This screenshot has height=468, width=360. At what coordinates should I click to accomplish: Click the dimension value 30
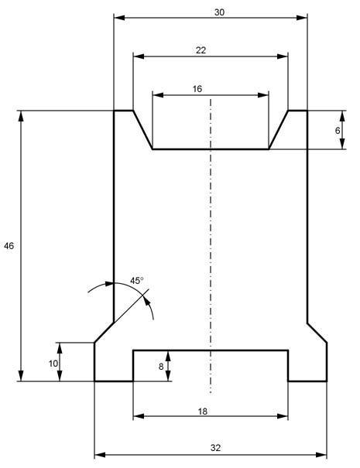[219, 12]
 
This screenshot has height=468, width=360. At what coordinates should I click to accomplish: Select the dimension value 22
[201, 50]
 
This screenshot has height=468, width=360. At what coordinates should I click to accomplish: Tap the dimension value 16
[197, 89]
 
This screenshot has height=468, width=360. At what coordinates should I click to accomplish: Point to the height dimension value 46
[9, 246]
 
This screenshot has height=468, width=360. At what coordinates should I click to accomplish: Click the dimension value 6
[338, 131]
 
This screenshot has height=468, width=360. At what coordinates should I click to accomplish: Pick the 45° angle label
[136, 281]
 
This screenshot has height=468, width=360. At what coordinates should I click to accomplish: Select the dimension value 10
[53, 364]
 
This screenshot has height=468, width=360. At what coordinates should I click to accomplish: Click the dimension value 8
[161, 367]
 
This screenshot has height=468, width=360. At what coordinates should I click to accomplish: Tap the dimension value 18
[202, 412]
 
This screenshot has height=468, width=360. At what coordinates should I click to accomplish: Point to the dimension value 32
[215, 448]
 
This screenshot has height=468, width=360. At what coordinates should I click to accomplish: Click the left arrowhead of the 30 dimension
[119, 18]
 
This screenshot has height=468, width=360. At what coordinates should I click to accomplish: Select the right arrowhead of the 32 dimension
[321, 455]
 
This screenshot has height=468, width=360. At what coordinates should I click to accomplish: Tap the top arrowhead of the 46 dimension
[21, 116]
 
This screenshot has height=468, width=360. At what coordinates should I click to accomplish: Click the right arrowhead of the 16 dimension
[263, 95]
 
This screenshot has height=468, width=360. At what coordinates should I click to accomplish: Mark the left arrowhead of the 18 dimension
[139, 416]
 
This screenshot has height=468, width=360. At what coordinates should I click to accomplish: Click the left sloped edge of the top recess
[142, 130]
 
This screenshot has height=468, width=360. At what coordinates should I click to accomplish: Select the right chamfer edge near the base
[317, 333]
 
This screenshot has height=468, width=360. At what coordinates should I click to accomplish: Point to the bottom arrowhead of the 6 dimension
[342, 144]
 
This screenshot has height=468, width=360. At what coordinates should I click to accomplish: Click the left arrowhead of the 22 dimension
[139, 56]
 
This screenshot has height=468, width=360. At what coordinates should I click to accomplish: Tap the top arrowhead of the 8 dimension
[168, 357]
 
